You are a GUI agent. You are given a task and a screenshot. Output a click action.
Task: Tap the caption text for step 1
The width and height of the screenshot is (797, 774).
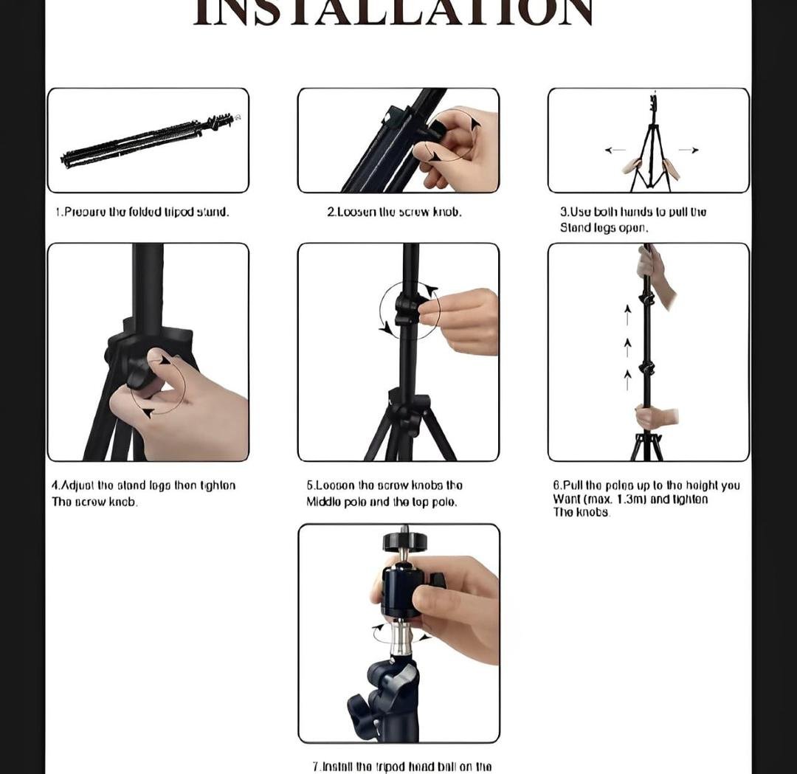pyautogui.click(x=142, y=212)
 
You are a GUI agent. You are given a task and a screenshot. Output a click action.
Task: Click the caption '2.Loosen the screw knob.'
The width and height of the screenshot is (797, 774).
pyautogui.click(x=394, y=212)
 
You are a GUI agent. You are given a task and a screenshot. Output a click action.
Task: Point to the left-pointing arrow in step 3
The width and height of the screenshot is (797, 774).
pyautogui.click(x=615, y=150)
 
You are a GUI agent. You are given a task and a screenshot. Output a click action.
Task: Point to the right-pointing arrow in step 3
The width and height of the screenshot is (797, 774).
pyautogui.click(x=688, y=150)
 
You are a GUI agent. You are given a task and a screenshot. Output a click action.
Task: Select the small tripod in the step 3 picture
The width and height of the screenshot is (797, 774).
pyautogui.click(x=651, y=148)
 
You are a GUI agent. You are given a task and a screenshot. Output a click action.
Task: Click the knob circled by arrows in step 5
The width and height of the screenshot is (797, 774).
pyautogui.click(x=406, y=310)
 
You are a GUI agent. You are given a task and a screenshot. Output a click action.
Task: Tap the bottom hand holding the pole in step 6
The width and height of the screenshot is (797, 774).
pyautogui.click(x=653, y=417)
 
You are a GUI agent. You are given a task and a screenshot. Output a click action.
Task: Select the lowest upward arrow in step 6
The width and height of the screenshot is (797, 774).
pyautogui.click(x=627, y=380)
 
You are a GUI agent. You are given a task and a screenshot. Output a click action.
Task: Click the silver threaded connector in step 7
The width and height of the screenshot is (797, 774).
pyautogui.click(x=401, y=636)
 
